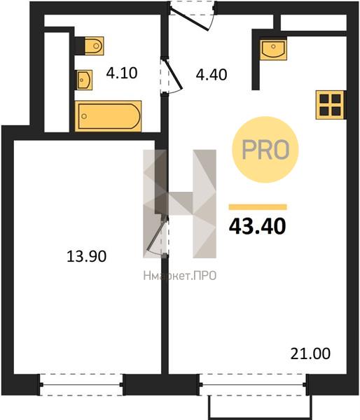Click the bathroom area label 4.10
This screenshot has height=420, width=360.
(122, 73)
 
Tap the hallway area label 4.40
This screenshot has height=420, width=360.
(212, 74)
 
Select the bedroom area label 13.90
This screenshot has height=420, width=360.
(86, 255)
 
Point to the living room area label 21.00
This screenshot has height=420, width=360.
(310, 353)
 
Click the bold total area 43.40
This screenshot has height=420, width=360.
(257, 226)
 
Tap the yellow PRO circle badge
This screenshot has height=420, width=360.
(265, 150)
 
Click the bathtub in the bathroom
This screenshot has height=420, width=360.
(109, 116)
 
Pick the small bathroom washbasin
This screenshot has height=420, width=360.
(85, 80)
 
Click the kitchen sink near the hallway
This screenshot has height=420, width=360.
(273, 50)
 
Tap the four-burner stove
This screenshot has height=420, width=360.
(330, 105)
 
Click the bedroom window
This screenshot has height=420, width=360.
(81, 384)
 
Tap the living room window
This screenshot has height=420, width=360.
(254, 384)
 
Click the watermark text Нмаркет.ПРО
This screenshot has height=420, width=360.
(180, 276)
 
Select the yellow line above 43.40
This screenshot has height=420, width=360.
(258, 206)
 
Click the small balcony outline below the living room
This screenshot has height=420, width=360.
(261, 407)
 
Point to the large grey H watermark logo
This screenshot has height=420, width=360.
(179, 204)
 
